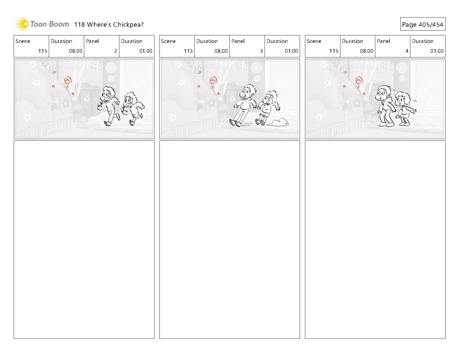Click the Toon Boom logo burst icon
coord(22,24)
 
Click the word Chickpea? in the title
coord(128,25)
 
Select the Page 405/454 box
coord(423,24)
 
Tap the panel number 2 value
coord(116,51)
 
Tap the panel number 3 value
coord(261,51)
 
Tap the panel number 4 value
coord(407,51)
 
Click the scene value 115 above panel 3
coord(188,51)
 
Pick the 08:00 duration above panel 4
coord(366,51)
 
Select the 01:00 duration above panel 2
coord(146,51)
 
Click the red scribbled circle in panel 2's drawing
coord(68,80)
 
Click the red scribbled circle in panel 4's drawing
coord(359,80)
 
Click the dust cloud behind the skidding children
coord(277,123)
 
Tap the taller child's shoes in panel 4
coord(386,124)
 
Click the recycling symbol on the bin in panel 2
coord(87,98)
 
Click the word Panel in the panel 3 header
coord(238,41)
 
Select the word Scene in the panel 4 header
coord(314,41)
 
